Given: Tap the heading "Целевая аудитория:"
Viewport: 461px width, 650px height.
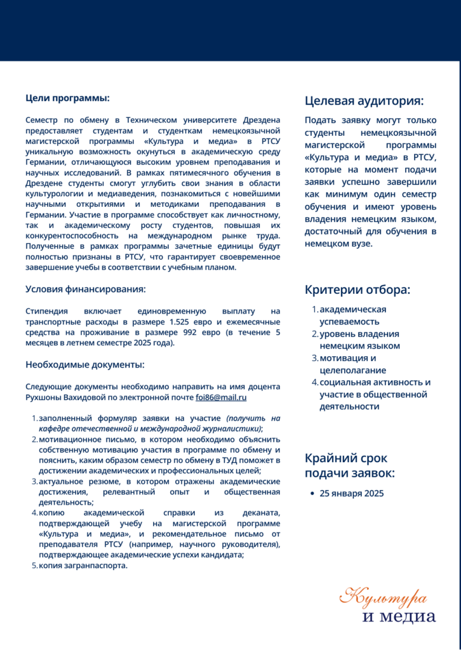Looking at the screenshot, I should (364, 100).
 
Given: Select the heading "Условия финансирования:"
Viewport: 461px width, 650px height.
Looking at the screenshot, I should (85, 289).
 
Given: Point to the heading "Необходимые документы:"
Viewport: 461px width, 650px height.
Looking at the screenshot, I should (84, 364).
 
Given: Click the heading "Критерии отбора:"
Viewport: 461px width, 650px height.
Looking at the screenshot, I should (357, 290).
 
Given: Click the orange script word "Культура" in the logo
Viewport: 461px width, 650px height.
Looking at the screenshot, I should (383, 597).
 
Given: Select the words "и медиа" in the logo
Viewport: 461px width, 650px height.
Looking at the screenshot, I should (399, 617).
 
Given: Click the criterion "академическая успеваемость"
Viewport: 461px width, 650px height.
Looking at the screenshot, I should (353, 315).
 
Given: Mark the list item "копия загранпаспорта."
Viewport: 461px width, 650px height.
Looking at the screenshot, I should (83, 566).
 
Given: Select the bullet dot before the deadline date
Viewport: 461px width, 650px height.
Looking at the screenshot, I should (311, 493).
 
